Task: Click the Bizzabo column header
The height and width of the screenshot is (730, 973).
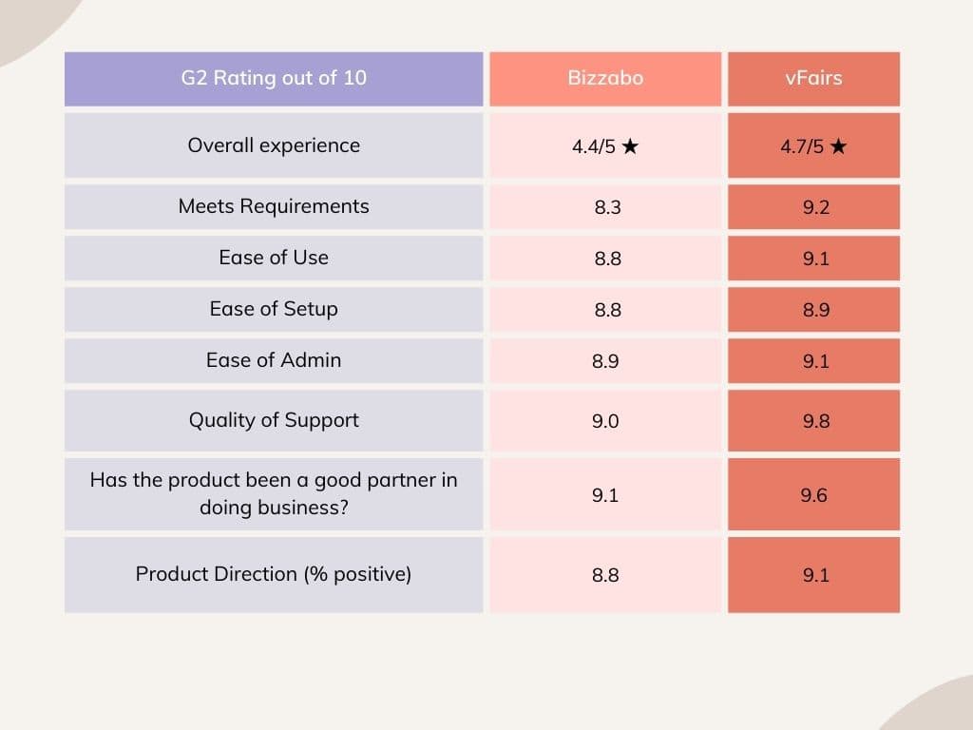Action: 605,78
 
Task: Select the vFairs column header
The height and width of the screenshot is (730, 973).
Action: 814,78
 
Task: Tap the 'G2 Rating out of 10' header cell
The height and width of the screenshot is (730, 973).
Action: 274,78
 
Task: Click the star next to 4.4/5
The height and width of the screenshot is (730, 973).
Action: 630,147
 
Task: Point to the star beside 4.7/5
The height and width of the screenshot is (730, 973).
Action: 837,147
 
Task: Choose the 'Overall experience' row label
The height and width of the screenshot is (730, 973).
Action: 274,145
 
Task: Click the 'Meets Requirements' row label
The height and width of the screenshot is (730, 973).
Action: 274,206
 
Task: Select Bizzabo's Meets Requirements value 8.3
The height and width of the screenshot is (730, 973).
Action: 607,207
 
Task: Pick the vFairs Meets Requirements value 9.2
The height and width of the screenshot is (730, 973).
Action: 815,207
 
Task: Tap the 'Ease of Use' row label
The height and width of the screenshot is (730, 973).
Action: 274,258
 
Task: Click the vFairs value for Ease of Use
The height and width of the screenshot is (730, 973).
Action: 815,259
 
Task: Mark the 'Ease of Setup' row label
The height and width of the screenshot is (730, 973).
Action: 274,309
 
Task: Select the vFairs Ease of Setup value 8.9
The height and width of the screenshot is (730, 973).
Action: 815,310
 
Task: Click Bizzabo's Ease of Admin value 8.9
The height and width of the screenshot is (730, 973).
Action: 605,361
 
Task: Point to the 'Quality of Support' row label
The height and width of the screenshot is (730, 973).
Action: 274,420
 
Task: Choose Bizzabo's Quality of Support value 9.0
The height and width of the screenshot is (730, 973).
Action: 605,421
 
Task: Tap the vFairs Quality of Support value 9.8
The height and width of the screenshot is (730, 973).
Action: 815,421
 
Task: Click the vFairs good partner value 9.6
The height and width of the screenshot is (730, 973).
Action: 813,495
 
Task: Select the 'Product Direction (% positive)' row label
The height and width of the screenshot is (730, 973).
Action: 274,574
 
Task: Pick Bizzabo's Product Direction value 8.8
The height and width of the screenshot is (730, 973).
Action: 605,575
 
